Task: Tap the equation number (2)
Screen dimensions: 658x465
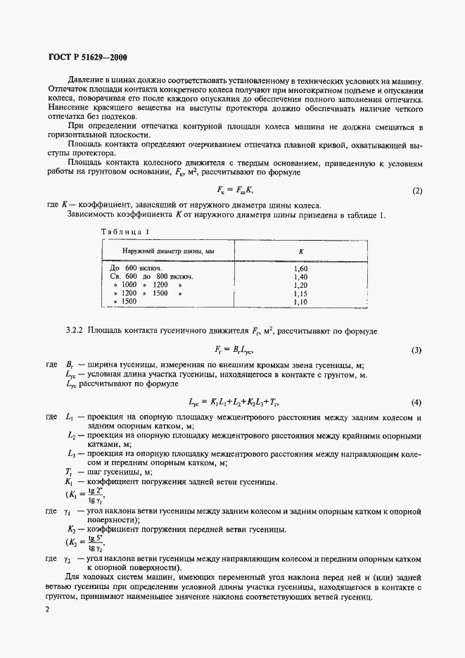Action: click(x=416, y=191)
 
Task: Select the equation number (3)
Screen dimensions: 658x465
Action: click(x=416, y=350)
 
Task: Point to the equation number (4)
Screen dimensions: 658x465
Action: click(x=416, y=403)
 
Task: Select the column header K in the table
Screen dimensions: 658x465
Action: click(x=300, y=251)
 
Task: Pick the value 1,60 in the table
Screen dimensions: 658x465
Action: click(x=300, y=268)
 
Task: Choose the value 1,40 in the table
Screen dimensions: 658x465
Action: click(x=300, y=277)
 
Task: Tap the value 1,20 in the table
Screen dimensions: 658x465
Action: click(x=300, y=285)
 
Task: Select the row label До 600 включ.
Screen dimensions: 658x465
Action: click(x=136, y=268)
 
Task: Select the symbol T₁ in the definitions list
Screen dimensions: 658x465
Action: click(x=68, y=472)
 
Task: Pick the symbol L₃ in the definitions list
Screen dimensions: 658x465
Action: click(x=69, y=455)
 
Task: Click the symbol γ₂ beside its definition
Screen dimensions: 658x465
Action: click(x=68, y=559)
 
